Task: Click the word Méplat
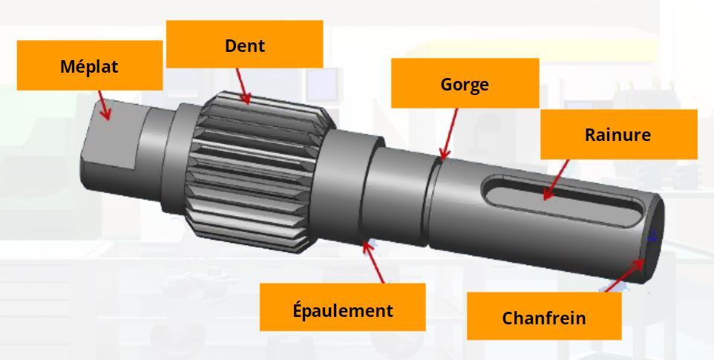(x=89, y=67)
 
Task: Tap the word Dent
(x=244, y=45)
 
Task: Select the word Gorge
(x=465, y=84)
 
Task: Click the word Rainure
(x=618, y=134)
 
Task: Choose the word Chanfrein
(x=544, y=318)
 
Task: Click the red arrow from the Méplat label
(x=104, y=105)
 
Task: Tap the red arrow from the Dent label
(x=243, y=86)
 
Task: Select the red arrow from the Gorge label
(x=449, y=134)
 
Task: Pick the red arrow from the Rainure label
(x=555, y=180)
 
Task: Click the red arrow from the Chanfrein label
(x=625, y=275)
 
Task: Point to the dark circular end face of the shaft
(x=654, y=237)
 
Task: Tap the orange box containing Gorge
(x=465, y=83)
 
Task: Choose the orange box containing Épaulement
(x=342, y=307)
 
